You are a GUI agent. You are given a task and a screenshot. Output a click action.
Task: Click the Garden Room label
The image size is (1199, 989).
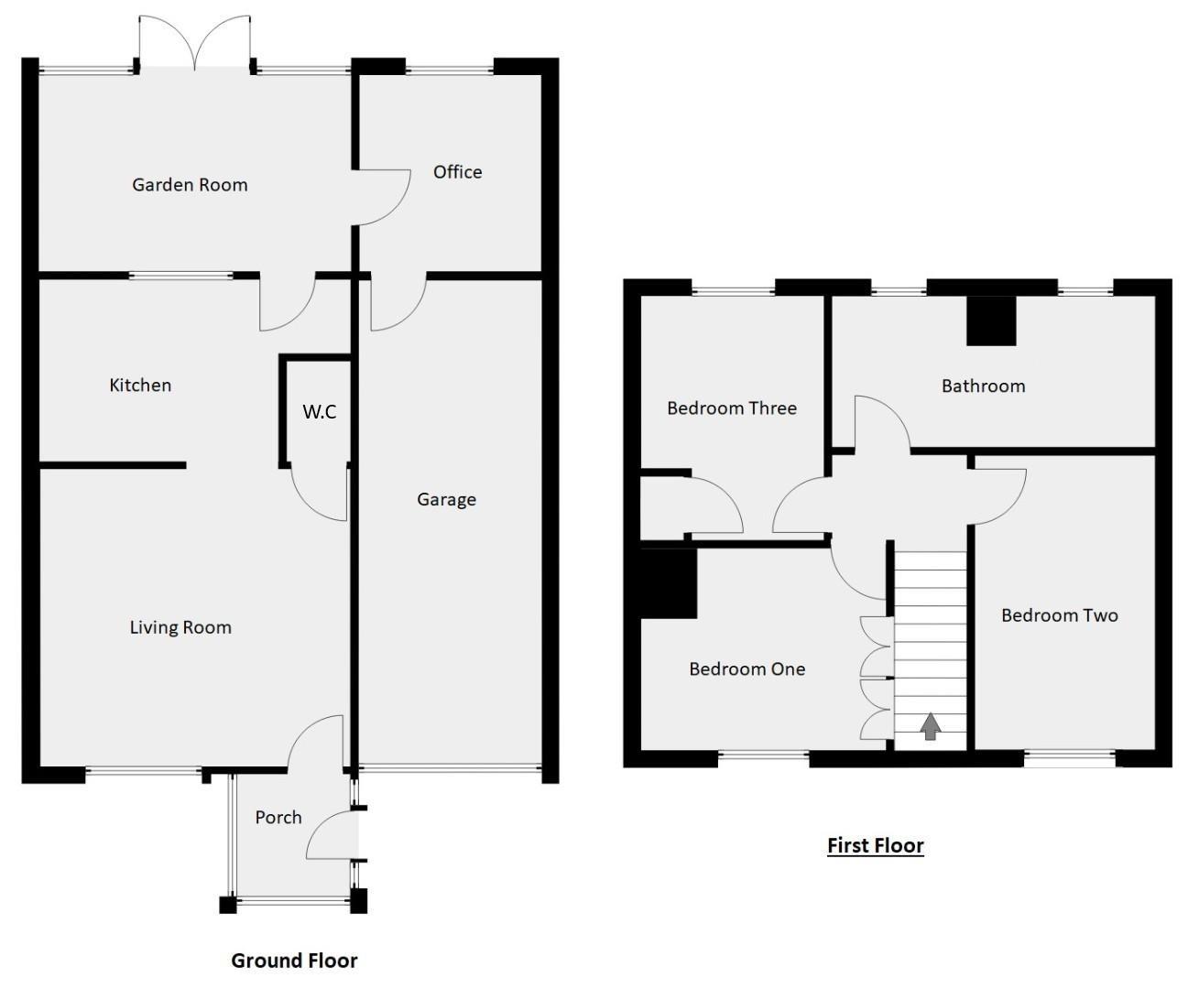(190, 185)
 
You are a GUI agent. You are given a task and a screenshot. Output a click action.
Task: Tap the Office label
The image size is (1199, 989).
(457, 172)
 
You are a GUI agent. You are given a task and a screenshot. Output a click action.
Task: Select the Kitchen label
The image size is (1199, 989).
(140, 386)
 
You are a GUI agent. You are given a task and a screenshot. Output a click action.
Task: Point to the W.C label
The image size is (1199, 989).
(320, 412)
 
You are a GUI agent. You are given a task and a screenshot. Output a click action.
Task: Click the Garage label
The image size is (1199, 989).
(446, 500)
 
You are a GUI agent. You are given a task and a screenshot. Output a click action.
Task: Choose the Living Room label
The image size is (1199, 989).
(180, 628)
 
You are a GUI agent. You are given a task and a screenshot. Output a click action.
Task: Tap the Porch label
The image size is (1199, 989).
(278, 818)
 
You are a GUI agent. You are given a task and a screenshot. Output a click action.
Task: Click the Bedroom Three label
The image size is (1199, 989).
(732, 408)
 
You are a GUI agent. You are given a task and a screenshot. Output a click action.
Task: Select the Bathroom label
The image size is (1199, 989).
(983, 386)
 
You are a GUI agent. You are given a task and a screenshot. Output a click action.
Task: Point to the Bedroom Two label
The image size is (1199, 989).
(1059, 615)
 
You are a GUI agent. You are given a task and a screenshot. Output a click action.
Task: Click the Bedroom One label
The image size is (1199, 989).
(747, 669)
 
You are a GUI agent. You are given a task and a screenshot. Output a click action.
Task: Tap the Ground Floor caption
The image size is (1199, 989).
(294, 961)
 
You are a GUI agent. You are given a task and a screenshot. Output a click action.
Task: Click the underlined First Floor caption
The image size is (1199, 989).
(875, 845)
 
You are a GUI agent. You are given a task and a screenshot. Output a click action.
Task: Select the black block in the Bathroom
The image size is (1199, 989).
(992, 321)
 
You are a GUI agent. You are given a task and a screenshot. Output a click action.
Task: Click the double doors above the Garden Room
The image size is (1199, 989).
(193, 43)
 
